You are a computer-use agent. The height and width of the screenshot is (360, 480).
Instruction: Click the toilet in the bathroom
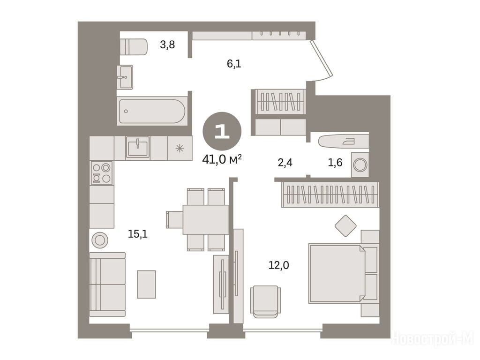134,47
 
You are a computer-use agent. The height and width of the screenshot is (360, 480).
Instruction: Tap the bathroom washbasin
125,77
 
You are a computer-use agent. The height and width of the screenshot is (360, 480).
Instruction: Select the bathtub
152,111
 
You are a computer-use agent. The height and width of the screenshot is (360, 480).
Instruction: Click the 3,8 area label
167,45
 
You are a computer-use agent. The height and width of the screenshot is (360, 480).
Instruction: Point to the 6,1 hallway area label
234,64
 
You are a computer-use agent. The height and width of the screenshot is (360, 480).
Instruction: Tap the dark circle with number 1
222,131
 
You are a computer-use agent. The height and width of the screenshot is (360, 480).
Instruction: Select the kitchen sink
138,147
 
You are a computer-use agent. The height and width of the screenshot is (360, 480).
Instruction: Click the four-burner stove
102,173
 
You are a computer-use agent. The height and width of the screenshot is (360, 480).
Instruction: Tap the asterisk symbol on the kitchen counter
180,149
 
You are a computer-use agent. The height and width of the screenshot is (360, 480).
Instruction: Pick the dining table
206,219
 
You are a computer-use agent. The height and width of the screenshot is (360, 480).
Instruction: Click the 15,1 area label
138,234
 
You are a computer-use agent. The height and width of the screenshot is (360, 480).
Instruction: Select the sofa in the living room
107,285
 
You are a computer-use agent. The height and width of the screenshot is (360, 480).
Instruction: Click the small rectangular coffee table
146,284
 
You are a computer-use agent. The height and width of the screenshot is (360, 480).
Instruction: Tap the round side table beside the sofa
100,240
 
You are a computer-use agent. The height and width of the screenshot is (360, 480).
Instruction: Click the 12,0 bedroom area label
278,265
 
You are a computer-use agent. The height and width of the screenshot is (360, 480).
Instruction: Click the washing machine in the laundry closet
360,165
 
